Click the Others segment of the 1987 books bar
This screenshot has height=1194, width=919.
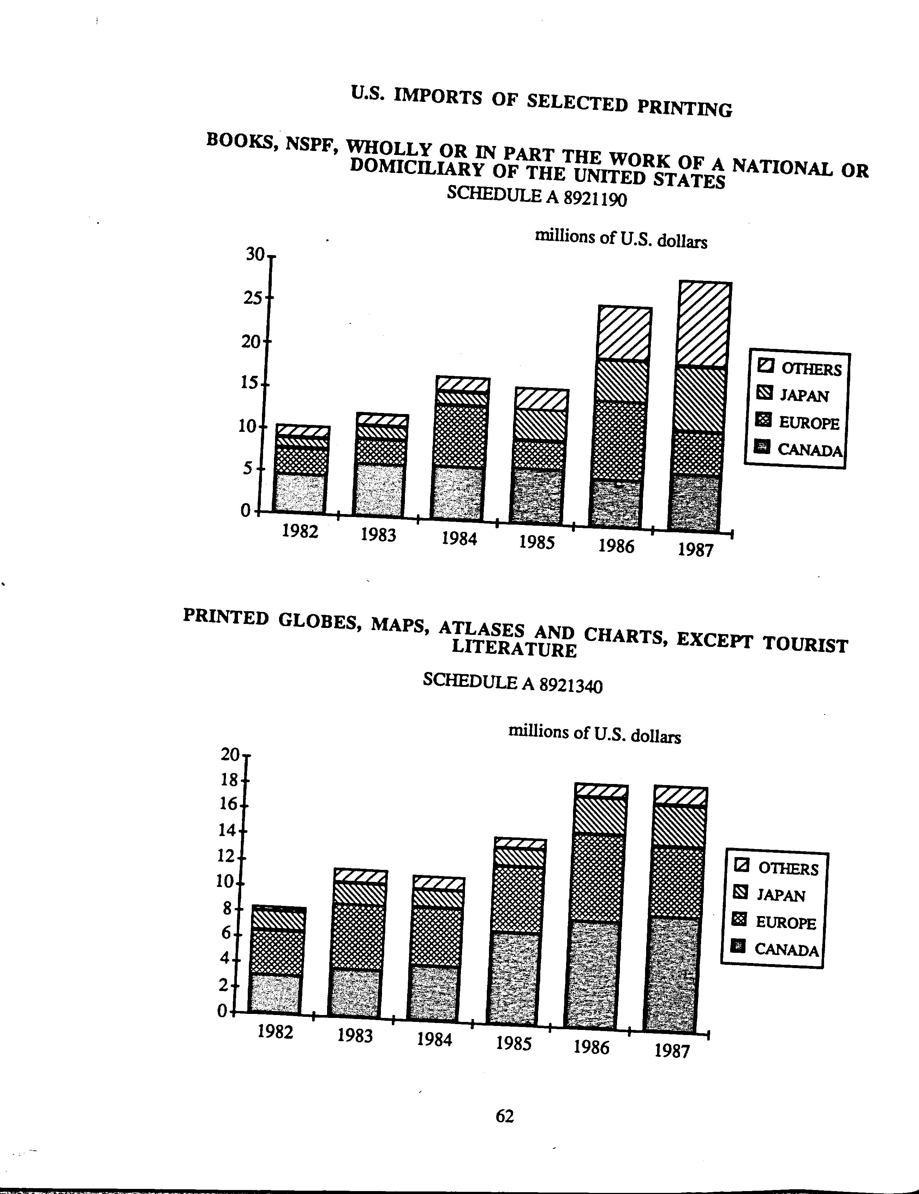[703, 325]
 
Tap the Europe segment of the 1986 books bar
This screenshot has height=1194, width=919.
[618, 442]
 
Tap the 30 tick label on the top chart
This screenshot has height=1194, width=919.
[255, 254]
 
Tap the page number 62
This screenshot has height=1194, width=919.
[504, 1116]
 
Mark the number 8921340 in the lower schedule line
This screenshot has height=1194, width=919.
[570, 685]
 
